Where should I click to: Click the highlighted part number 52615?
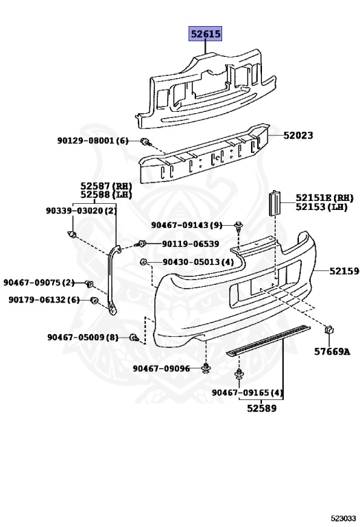pyautogui.click(x=205, y=34)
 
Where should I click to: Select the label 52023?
pyautogui.click(x=298, y=135)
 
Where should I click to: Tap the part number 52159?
pyautogui.click(x=344, y=271)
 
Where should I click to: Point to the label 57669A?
pyautogui.click(x=332, y=351)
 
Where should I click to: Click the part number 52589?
pyautogui.click(x=262, y=408)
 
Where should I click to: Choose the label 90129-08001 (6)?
pyautogui.click(x=93, y=141)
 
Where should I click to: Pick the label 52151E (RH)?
pyautogui.click(x=324, y=198)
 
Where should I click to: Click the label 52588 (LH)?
pyautogui.click(x=106, y=194)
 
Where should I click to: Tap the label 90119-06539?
pyautogui.click(x=191, y=244)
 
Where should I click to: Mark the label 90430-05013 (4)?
pyautogui.click(x=198, y=261)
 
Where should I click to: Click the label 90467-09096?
pyautogui.click(x=161, y=368)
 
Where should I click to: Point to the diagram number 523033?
pyautogui.click(x=343, y=519)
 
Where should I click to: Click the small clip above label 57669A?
pyautogui.click(x=328, y=329)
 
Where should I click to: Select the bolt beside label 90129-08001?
pyautogui.click(x=146, y=142)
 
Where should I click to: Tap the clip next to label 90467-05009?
pyautogui.click(x=134, y=338)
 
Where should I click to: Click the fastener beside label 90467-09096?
pyautogui.click(x=206, y=368)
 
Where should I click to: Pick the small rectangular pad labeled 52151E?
pyautogui.click(x=274, y=203)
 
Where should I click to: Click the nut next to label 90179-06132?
pyautogui.click(x=95, y=300)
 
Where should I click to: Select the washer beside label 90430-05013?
pyautogui.click(x=143, y=261)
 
